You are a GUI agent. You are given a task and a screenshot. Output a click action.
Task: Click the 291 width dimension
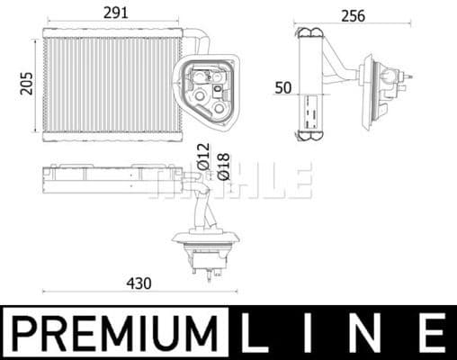coord(113,13)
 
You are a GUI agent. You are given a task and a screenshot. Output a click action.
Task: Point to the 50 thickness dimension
coord(282,87)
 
